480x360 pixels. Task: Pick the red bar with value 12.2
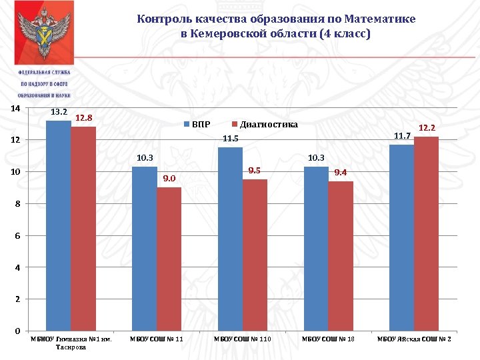click(x=426, y=233)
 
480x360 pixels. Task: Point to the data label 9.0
click(x=169, y=179)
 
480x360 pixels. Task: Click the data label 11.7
click(x=401, y=136)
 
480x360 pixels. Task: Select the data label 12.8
click(x=83, y=118)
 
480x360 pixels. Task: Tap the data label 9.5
click(x=254, y=171)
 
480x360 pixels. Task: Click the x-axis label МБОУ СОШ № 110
click(x=243, y=340)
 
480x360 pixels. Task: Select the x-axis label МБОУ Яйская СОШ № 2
click(x=414, y=340)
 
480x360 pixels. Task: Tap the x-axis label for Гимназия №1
click(x=71, y=343)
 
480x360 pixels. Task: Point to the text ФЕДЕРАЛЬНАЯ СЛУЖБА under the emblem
click(x=44, y=72)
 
